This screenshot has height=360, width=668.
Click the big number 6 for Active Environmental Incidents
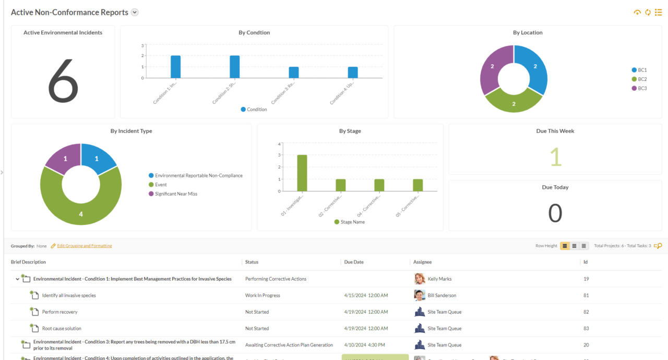pyautogui.click(x=63, y=80)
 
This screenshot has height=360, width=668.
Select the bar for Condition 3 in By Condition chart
pyautogui.click(x=294, y=73)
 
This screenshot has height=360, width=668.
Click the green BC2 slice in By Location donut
pyautogui.click(x=514, y=101)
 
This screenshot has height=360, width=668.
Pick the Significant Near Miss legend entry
pyautogui.click(x=175, y=194)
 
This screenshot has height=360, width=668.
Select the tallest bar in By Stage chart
pyautogui.click(x=302, y=173)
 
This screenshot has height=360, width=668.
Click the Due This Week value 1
pyautogui.click(x=555, y=157)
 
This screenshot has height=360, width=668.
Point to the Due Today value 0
pyautogui.click(x=555, y=213)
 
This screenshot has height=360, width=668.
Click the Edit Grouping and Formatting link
pyautogui.click(x=84, y=246)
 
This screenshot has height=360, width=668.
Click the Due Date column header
pyautogui.click(x=354, y=262)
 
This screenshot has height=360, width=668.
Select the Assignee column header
pyautogui.click(x=422, y=262)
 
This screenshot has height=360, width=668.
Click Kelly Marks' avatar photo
pyautogui.click(x=420, y=279)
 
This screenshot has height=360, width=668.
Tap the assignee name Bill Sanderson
pyautogui.click(x=442, y=295)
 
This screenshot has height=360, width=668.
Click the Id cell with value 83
pyautogui.click(x=586, y=328)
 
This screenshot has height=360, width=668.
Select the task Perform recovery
pyautogui.click(x=59, y=312)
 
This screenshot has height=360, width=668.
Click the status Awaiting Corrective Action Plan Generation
pyautogui.click(x=289, y=345)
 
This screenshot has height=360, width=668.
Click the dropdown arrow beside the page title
pyautogui.click(x=135, y=13)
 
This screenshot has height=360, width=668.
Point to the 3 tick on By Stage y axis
pyautogui.click(x=279, y=155)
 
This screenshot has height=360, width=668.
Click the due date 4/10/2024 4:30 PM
pyautogui.click(x=364, y=345)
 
